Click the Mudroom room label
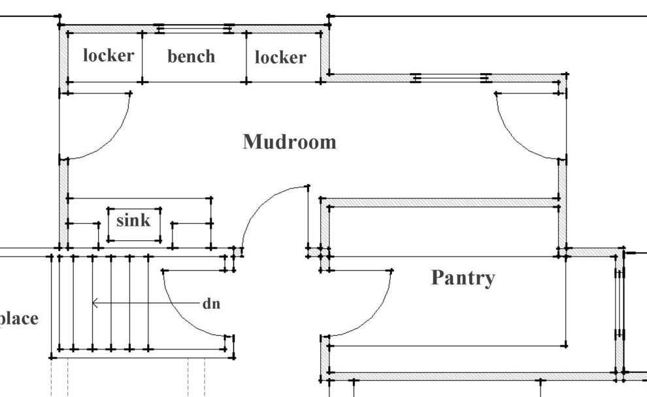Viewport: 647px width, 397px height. tap(290, 142)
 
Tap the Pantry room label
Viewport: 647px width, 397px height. tap(463, 278)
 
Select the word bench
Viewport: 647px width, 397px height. tap(191, 57)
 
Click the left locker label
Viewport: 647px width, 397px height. tap(108, 56)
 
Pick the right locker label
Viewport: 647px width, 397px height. tap(280, 57)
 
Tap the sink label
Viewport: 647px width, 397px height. tap(133, 221)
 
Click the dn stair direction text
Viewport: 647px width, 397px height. tap(211, 304)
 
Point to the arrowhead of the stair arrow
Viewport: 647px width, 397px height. tap(95, 303)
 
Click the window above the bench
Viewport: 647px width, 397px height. tap(194, 28)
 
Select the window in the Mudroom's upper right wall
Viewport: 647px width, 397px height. tap(451, 78)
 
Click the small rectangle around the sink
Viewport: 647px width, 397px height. tap(134, 225)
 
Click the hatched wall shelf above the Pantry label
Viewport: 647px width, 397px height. tap(442, 202)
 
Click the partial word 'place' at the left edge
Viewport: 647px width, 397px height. tap(18, 319)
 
